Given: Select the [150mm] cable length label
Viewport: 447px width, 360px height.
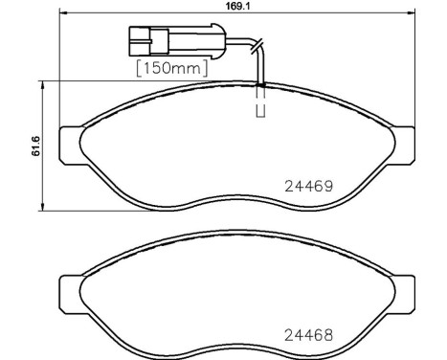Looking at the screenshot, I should click(173, 67).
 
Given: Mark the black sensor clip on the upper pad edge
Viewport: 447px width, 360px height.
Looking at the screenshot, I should click(259, 85).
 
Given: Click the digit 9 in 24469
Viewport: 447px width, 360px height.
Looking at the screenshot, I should click(327, 187).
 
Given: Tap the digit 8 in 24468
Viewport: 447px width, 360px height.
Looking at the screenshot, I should click(327, 335).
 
